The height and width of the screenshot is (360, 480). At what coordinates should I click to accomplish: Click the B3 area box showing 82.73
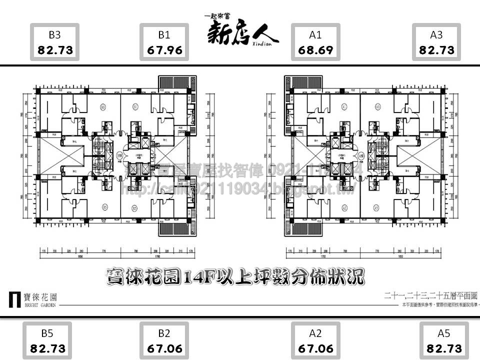tap(55, 42)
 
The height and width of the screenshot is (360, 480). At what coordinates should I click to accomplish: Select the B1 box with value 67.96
tap(164, 42)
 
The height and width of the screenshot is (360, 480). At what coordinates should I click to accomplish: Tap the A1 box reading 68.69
tap(315, 42)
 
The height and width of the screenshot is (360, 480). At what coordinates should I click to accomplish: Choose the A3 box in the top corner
tap(436, 42)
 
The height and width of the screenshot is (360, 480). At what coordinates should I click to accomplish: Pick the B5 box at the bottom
tap(48, 341)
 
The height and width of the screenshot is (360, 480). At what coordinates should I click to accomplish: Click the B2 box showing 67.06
tap(164, 341)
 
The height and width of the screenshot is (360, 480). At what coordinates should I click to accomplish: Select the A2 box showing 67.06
tap(315, 341)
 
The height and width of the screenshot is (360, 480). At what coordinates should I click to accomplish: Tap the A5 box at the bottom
tap(444, 341)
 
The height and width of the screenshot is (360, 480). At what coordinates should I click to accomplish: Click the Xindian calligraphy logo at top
tap(242, 30)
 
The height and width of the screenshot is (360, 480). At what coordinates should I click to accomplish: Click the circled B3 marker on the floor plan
tap(102, 107)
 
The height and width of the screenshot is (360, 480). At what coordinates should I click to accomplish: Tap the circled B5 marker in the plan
tap(104, 207)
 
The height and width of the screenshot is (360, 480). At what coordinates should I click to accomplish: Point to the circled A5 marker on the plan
tap(377, 207)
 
